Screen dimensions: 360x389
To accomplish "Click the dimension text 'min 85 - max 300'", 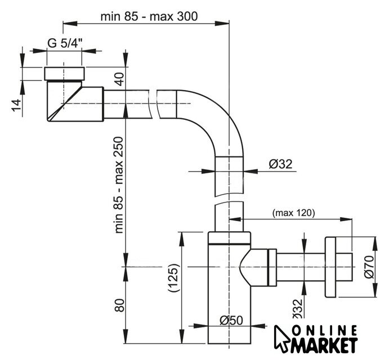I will click(149, 16).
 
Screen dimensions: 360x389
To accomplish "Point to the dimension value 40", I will click(119, 78).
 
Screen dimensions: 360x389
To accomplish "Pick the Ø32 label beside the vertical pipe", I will click(281, 164).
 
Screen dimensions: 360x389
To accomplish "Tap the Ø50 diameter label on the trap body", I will click(231, 320).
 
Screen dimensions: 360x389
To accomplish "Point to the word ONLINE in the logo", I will click(324, 331).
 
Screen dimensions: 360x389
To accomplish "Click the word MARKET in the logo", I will click(324, 344).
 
